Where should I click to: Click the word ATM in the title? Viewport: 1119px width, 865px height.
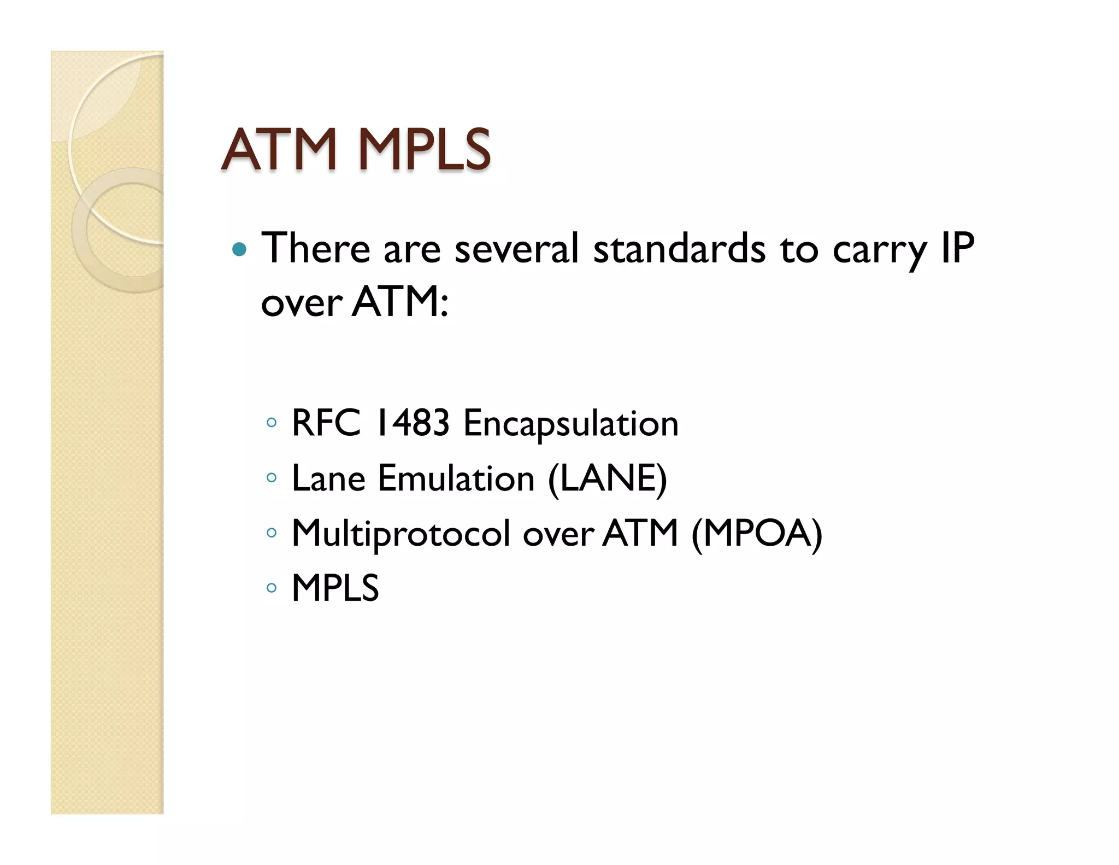tap(279, 149)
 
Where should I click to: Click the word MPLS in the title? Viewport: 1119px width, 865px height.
tap(424, 149)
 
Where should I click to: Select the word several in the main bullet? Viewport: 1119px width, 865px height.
tap(516, 249)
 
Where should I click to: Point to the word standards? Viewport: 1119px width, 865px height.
tap(679, 249)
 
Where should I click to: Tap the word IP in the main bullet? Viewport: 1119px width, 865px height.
tap(958, 249)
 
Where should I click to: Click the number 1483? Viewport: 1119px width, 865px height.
tap(413, 423)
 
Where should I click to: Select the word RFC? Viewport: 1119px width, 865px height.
tap(326, 423)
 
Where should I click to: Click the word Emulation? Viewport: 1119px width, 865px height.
tap(456, 478)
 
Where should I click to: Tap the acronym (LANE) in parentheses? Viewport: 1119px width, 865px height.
tap(607, 479)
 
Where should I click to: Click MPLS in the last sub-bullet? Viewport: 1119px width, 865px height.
tap(335, 588)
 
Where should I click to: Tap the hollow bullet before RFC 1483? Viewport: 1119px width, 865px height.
tap(272, 423)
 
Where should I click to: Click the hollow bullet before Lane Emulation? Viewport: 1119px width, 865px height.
tap(272, 478)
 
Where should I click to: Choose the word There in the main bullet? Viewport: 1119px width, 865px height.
tap(316, 249)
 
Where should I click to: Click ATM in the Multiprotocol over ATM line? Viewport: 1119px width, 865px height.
tap(640, 533)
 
